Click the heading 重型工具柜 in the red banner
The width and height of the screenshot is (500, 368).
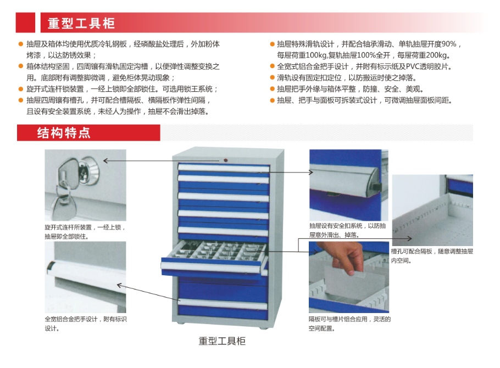pos(81,23)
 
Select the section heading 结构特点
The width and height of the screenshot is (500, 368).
pos(63,133)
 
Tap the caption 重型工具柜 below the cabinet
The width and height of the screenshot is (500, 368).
pos(222,341)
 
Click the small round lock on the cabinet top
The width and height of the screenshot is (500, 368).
pos(226,160)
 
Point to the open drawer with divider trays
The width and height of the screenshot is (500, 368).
pos(214,258)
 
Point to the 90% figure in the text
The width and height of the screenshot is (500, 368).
pos(449,44)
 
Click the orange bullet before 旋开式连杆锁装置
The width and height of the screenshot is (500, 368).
pos(21,89)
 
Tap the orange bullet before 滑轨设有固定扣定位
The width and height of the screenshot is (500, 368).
pos(272,78)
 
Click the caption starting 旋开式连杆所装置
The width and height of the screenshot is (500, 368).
pos(85,232)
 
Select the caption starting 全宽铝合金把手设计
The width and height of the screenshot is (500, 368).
pos(86,324)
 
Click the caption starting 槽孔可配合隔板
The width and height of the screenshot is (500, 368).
pos(432,256)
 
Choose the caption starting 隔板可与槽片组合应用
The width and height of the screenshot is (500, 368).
pos(349,324)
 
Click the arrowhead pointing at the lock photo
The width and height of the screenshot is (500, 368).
pos(105,160)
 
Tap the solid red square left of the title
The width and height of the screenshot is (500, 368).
pos(25,23)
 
